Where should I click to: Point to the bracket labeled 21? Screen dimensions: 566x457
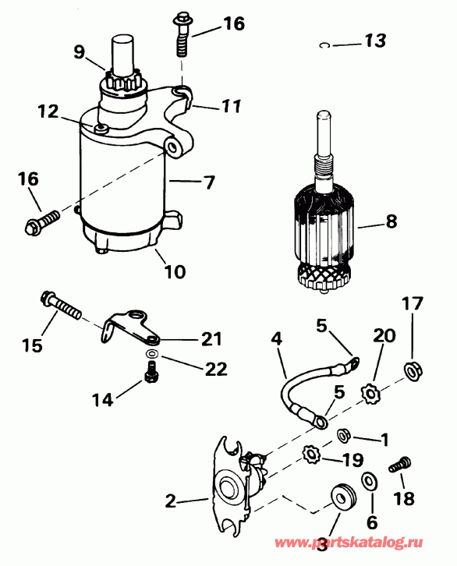coord(129,327)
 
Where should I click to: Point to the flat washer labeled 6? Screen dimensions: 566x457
coord(368,479)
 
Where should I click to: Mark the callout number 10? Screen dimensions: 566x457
coord(175,272)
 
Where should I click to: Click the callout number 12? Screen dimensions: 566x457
coord(48,111)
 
